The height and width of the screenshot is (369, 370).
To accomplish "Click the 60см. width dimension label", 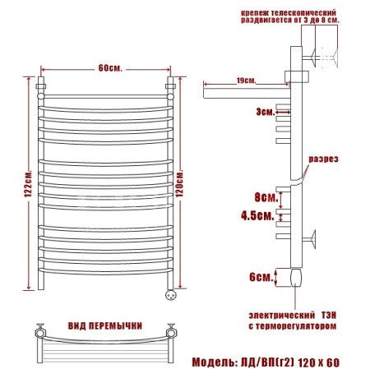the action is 110,68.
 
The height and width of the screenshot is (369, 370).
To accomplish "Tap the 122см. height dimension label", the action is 28,184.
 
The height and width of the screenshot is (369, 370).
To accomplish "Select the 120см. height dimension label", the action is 180,184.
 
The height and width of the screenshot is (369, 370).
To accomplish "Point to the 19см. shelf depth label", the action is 246,81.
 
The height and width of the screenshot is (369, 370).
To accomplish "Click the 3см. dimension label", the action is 266,112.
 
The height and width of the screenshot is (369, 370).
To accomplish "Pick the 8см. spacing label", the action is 266,197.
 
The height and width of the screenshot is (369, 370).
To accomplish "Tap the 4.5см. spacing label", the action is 257,216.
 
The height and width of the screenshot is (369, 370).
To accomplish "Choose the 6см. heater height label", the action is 261,277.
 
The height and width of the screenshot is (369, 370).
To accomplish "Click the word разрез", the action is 323,159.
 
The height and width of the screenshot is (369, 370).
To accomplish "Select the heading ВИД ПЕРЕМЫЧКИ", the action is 105,325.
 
